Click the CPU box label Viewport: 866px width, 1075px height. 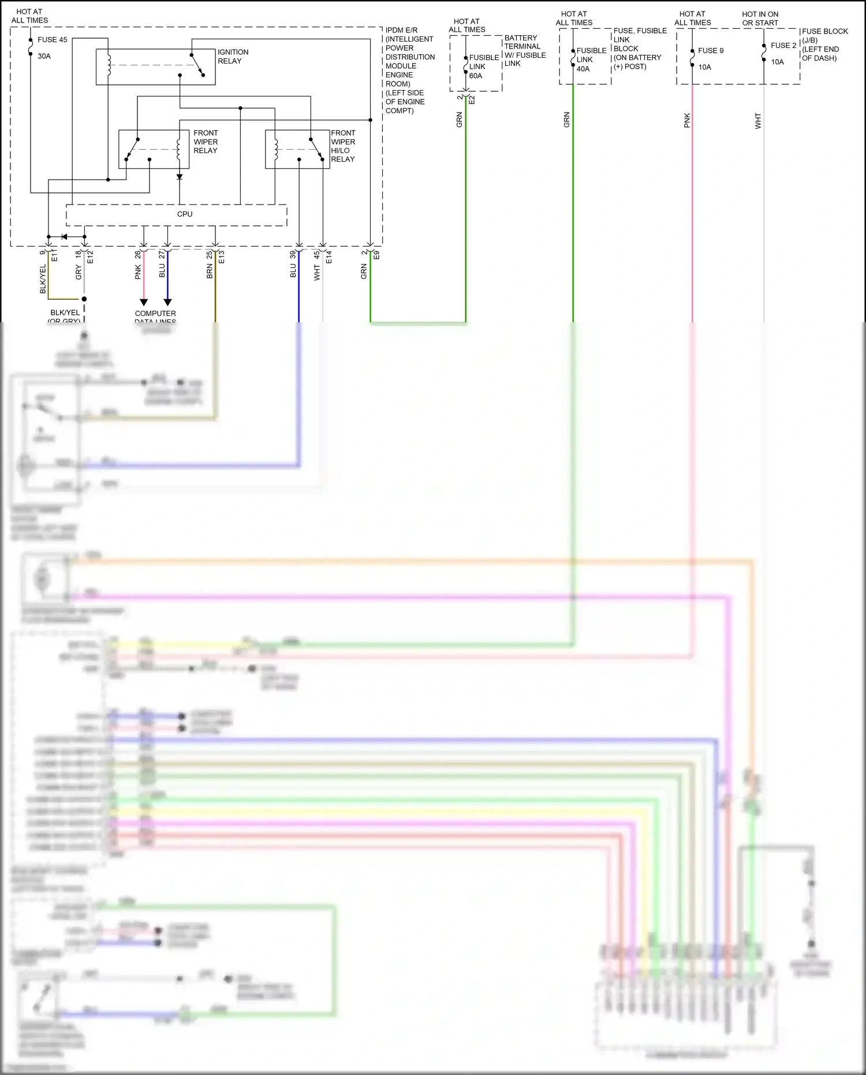(185, 214)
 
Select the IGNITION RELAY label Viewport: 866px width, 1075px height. (233, 57)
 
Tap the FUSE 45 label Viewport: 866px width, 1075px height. (53, 40)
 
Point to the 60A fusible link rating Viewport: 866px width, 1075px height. (476, 76)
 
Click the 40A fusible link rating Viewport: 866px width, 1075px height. (583, 69)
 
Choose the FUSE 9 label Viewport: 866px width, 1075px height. (710, 51)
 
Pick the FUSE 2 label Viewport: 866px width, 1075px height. (783, 46)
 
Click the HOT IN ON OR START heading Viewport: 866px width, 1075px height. (760, 18)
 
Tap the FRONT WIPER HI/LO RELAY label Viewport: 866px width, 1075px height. (343, 146)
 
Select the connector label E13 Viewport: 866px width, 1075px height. (222, 257)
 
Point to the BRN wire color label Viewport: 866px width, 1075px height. (210, 271)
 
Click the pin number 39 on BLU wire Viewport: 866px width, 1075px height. (293, 254)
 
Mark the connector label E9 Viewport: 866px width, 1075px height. (376, 254)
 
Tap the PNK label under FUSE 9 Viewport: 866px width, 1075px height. (687, 121)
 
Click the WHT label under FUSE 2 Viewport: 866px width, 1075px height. (758, 121)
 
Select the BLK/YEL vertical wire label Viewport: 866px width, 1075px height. (43, 279)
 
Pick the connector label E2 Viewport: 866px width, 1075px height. (472, 99)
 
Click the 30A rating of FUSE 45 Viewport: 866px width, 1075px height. (44, 57)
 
